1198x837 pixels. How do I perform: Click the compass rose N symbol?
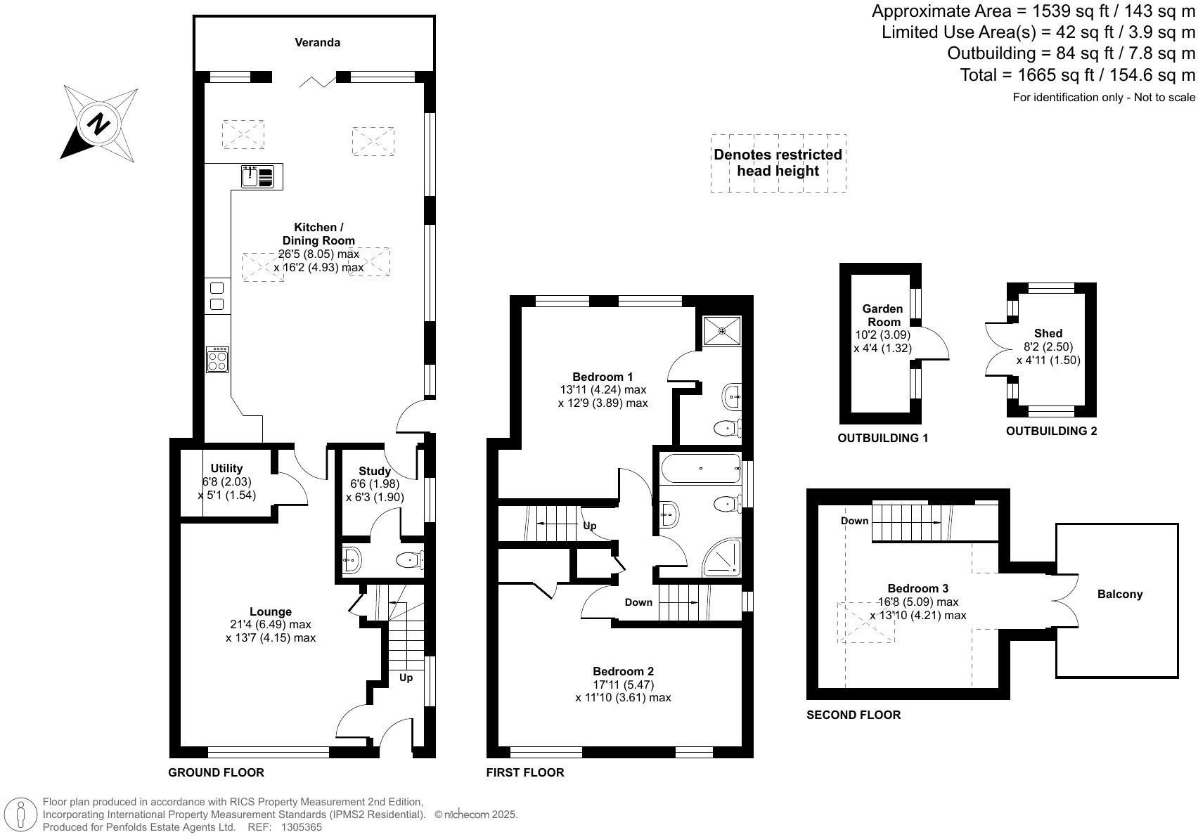pos(99,124)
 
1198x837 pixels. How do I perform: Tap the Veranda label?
pos(317,43)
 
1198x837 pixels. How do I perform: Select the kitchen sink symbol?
pos(257,176)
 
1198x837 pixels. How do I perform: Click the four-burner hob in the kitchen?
pos(218,360)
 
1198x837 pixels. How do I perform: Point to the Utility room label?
pos(226,468)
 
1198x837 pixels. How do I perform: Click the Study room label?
pos(374,471)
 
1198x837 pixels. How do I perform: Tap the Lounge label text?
pos(270,611)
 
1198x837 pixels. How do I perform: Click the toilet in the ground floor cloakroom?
pos(410,560)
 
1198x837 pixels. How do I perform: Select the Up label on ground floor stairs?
pos(406,677)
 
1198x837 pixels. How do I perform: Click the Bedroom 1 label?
pos(602,377)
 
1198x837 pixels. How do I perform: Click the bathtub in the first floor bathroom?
pos(700,468)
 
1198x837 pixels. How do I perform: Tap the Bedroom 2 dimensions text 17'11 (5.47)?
pos(623,684)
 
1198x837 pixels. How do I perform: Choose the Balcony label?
pos(1119,594)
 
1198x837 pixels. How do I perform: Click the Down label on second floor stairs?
pos(854,521)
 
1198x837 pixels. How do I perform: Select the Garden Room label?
pos(882,315)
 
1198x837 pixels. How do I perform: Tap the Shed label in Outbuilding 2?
pos(1048,333)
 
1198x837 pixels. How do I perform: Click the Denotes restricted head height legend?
pos(778,163)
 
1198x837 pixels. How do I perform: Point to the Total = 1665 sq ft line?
pos(1077,75)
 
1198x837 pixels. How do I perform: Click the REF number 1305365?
pos(301,827)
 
